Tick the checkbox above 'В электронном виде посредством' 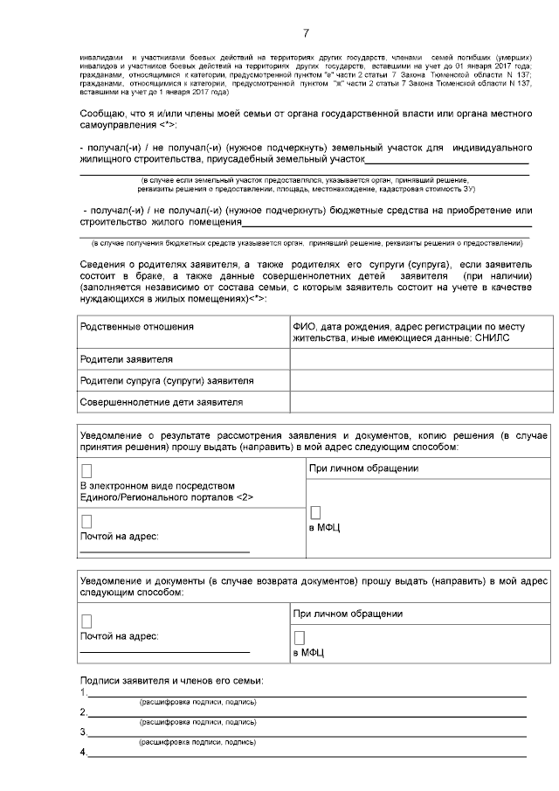click(x=86, y=471)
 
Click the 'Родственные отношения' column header click(x=136, y=326)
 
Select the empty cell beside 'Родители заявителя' click(x=419, y=359)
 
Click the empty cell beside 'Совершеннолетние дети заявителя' click(x=419, y=402)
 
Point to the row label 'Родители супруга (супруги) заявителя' click(x=166, y=381)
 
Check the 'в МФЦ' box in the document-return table click(x=300, y=638)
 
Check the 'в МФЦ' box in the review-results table click(x=316, y=513)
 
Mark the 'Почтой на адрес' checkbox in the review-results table click(x=86, y=522)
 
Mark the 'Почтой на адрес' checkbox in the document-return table click(x=86, y=621)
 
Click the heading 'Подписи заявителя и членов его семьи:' click(x=171, y=680)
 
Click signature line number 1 click(x=306, y=695)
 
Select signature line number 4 click(x=306, y=754)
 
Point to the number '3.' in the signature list click(x=83, y=732)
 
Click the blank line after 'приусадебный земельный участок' click(x=445, y=163)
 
